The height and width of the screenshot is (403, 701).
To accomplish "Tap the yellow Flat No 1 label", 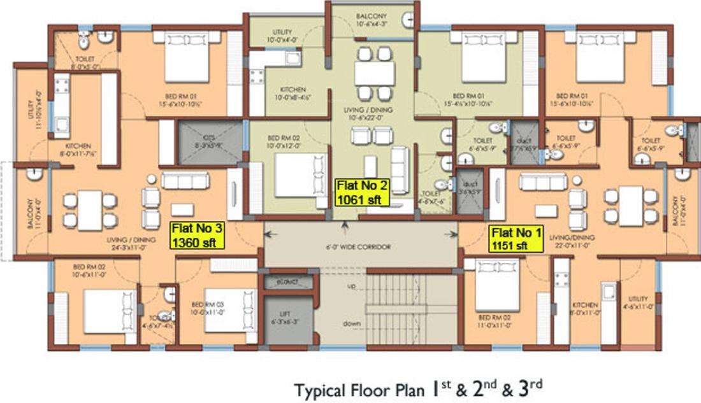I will (x=516, y=239).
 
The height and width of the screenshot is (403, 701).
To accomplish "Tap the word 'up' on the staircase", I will (x=352, y=286).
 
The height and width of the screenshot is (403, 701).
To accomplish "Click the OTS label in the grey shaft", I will (x=210, y=139).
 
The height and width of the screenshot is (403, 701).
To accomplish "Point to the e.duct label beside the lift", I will (x=285, y=280).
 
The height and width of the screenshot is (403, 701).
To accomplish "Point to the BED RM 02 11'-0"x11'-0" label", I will (x=491, y=321).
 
